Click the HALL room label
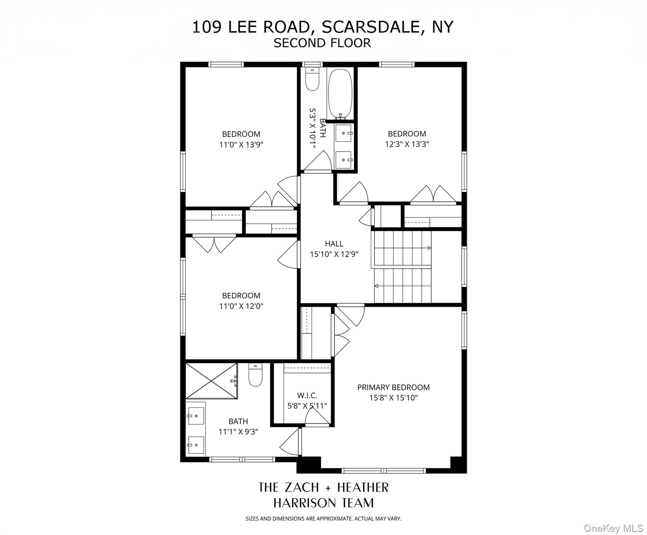pos(334,244)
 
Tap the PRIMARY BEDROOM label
pos(393,387)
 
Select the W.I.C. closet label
pos(307,395)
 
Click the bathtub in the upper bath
pos(340,93)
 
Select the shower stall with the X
pos(211,381)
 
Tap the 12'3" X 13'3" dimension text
pos(407,144)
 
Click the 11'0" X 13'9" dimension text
pos(241,145)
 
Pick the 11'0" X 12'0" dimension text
pos(241,306)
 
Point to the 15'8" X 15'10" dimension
pos(393,398)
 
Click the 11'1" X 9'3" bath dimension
pos(238,432)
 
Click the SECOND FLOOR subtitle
pos(322,43)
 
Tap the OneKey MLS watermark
pos(613,528)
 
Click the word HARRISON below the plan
pos(301,503)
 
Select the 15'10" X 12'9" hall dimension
pos(334,254)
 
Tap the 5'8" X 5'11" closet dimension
pos(307,406)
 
